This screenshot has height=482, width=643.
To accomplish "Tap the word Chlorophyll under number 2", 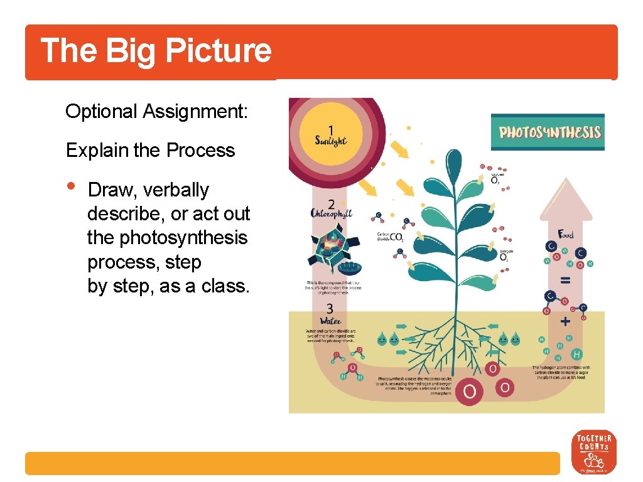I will pos(332,213).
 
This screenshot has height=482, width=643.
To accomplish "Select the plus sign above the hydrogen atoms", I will pos(565,322).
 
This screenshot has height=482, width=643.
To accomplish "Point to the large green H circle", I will pos(576,355).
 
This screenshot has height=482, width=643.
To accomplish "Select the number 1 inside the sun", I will pos(330,126).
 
